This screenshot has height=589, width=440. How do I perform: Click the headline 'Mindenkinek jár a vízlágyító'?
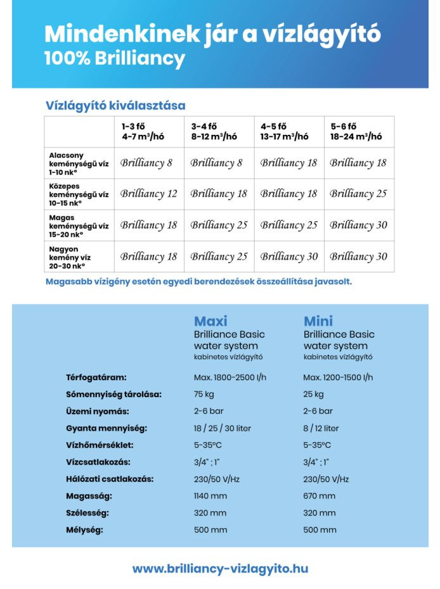[x=212, y=33]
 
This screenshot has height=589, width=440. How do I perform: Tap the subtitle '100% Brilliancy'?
[x=115, y=59]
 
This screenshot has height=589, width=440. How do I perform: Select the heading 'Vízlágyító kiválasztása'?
[x=115, y=105]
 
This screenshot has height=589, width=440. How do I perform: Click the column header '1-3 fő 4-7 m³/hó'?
[x=148, y=132]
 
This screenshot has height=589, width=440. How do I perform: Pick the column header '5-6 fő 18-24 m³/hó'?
[x=356, y=132]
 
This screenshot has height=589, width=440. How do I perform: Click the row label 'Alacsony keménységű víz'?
[x=79, y=163]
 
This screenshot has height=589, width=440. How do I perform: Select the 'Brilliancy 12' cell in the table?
[x=149, y=194]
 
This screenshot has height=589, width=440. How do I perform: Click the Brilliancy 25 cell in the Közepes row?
[x=358, y=194]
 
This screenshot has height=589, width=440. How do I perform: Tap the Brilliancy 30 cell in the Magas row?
[x=358, y=225]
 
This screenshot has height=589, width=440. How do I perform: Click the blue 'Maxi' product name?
[x=210, y=321]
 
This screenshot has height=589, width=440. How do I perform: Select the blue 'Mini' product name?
[x=318, y=321]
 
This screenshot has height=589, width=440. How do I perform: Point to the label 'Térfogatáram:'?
[x=96, y=377]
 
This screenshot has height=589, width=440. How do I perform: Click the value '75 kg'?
[x=204, y=395]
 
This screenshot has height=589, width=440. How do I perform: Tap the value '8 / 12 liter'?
[x=321, y=428]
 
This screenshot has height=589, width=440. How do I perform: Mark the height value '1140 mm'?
[x=210, y=496]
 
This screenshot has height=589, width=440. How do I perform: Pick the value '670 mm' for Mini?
[x=319, y=496]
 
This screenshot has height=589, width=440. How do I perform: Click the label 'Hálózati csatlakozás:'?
[x=110, y=479]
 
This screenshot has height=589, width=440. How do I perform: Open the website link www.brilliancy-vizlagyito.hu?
[x=220, y=569]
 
